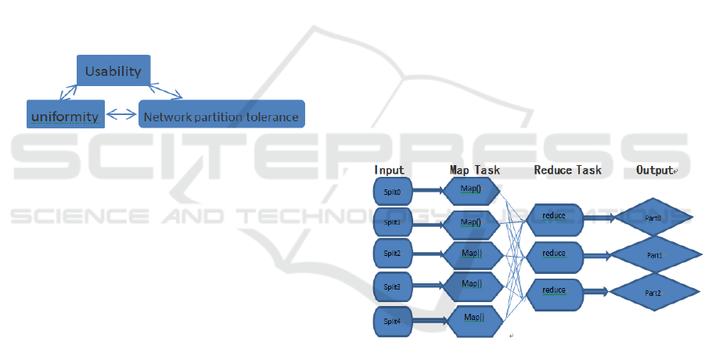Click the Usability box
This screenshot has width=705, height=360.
113,71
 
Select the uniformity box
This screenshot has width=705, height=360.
65,117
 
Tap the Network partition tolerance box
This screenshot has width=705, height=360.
221,117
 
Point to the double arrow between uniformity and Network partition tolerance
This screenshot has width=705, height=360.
121,116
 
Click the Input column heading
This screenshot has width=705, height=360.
389,170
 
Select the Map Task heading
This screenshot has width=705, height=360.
474,170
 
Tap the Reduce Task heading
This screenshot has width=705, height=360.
567,170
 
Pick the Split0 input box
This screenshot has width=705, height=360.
392,191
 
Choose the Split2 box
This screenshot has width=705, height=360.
392,254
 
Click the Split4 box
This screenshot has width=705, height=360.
392,321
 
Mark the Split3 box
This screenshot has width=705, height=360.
392,287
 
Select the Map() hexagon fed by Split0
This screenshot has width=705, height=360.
471,189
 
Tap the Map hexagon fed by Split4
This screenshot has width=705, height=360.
473,319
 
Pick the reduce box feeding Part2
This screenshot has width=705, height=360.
554,291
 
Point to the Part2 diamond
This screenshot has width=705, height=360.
653,292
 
